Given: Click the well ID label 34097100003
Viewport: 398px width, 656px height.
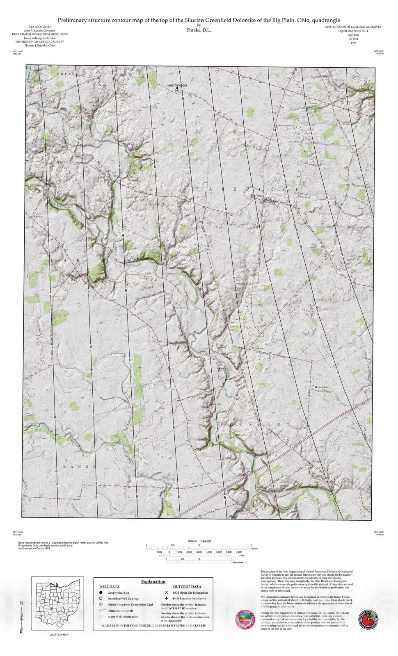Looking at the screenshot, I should [x=177, y=85].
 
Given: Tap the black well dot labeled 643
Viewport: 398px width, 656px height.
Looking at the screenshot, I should [x=177, y=88].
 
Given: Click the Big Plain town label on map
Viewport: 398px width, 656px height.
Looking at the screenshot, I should [x=258, y=196].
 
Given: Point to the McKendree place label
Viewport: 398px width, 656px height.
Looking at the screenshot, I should [x=322, y=387].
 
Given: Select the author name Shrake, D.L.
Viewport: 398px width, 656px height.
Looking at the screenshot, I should [x=199, y=30].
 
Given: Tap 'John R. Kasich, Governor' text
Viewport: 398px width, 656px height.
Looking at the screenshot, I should [x=40, y=31].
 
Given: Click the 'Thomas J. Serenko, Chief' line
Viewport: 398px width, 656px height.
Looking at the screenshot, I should [x=40, y=46].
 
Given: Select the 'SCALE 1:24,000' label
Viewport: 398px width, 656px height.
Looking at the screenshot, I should [x=199, y=541].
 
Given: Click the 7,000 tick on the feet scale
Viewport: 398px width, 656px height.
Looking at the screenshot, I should [x=239, y=552].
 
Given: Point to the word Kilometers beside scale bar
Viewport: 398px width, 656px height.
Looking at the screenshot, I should [x=238, y=563].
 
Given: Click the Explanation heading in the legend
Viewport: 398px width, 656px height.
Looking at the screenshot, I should [x=153, y=581].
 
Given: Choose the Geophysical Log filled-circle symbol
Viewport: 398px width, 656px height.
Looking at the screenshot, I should [x=101, y=592].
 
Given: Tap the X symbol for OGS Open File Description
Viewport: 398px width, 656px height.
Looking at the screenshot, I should [x=166, y=592].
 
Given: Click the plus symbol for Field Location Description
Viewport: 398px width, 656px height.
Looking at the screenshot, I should [x=166, y=598].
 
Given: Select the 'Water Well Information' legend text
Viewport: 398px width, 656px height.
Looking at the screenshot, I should [x=123, y=616].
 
